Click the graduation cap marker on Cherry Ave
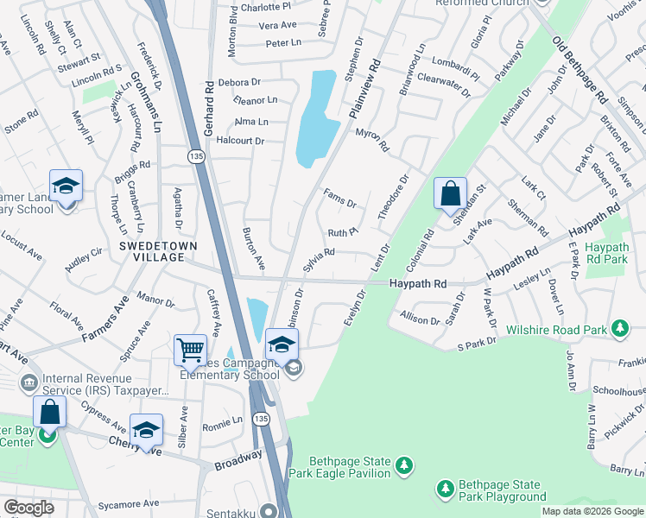[146, 429]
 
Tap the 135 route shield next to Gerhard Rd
[196, 155]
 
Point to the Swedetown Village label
[158, 251]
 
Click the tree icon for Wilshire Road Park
[619, 328]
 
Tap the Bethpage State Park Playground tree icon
[446, 490]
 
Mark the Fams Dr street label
[339, 199]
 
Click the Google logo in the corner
[29, 508]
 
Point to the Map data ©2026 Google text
[592, 511]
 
